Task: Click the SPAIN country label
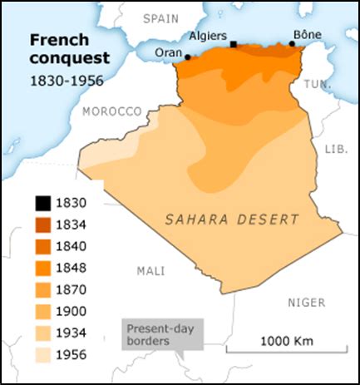tap(161, 17)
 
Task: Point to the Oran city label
tap(169, 52)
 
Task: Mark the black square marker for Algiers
tap(234, 44)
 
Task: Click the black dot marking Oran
tap(188, 57)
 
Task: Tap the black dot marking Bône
tap(292, 43)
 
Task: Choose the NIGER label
tap(306, 303)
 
